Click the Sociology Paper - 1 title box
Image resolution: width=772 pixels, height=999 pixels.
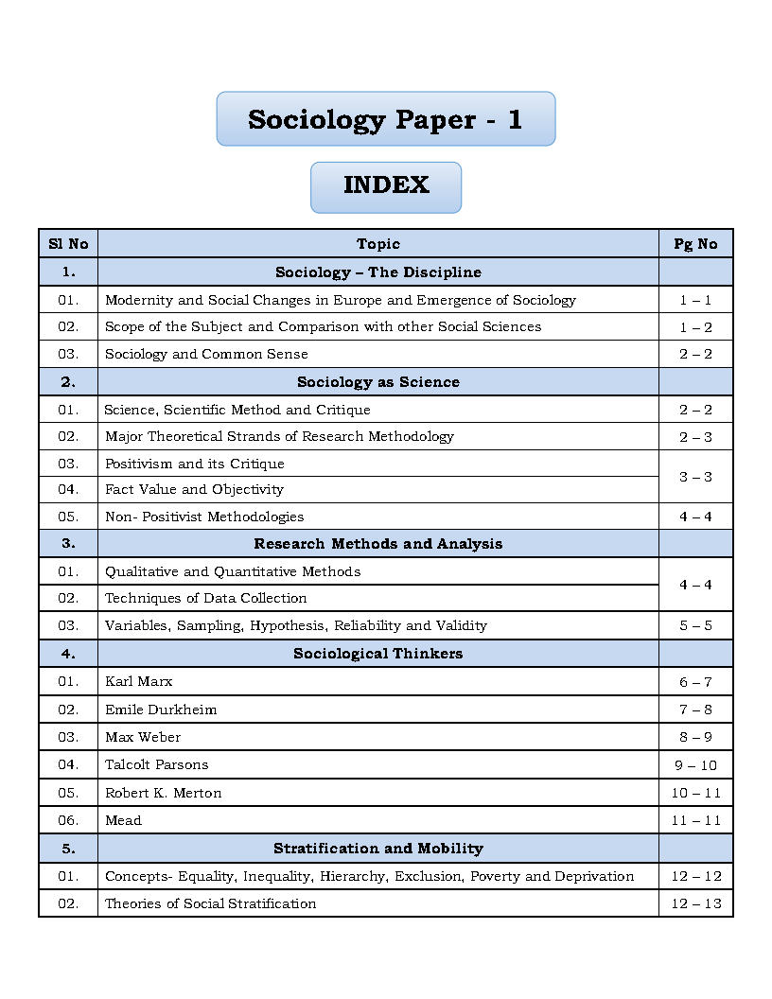pyautogui.click(x=385, y=119)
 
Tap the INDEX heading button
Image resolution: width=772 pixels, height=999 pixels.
pyautogui.click(x=386, y=185)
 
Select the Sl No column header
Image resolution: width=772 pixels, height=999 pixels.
pyautogui.click(x=68, y=244)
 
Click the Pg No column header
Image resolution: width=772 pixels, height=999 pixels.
pyautogui.click(x=695, y=244)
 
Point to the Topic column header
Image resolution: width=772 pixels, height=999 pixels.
pyautogui.click(x=378, y=244)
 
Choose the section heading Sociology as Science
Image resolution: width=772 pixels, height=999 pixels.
pyautogui.click(x=378, y=382)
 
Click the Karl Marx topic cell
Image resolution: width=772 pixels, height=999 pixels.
pyautogui.click(x=139, y=681)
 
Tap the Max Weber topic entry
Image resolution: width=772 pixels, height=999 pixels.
pyautogui.click(x=143, y=737)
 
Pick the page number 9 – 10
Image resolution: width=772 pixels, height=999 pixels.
pyautogui.click(x=695, y=765)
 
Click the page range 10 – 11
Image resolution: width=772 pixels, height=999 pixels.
pyautogui.click(x=695, y=793)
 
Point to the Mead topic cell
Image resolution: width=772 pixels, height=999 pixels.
pyautogui.click(x=123, y=820)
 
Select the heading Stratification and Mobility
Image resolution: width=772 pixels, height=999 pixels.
pyautogui.click(x=378, y=849)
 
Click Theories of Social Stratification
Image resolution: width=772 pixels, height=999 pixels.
pyautogui.click(x=210, y=903)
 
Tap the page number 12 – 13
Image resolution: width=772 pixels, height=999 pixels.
pyautogui.click(x=695, y=903)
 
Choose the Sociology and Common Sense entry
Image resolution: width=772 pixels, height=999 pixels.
pyautogui.click(x=206, y=354)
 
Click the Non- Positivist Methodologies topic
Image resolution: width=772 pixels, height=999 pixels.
pyautogui.click(x=204, y=517)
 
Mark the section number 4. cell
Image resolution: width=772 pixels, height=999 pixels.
pyautogui.click(x=68, y=654)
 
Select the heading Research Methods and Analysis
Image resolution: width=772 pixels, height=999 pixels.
pyautogui.click(x=378, y=544)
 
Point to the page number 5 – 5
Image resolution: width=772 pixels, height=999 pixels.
pyautogui.click(x=695, y=625)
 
